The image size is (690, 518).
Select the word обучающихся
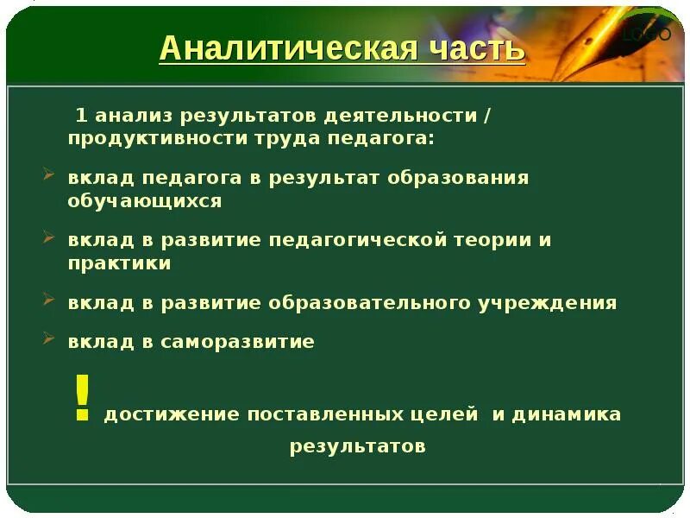[x=145, y=201]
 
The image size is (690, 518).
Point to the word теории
[x=490, y=240]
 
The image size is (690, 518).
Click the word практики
[x=120, y=263]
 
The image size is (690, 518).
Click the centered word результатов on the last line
[x=357, y=446]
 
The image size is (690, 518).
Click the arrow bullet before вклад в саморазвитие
[x=48, y=339]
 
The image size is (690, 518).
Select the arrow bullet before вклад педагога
[x=48, y=175]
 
